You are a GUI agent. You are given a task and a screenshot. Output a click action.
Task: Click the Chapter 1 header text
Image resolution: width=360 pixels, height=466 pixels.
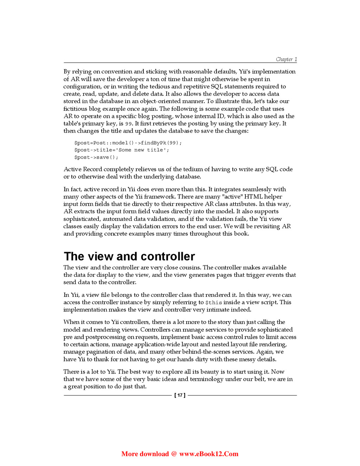pyautogui.click(x=286, y=59)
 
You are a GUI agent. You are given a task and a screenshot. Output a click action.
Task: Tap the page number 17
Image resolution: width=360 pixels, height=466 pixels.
pyautogui.click(x=180, y=395)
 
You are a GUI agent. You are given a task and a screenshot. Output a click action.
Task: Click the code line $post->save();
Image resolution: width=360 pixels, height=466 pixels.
pyautogui.click(x=96, y=157)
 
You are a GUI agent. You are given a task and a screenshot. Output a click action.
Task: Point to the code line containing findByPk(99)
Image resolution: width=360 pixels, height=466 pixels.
pyautogui.click(x=128, y=143)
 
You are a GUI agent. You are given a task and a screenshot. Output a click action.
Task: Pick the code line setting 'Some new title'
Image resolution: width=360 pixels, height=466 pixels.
pyautogui.click(x=121, y=150)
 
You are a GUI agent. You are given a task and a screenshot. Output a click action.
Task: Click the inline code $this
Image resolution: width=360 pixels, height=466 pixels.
pyautogui.click(x=214, y=302)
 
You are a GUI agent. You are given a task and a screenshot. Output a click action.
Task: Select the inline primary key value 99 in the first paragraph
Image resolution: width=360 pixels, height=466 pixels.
pyautogui.click(x=128, y=124)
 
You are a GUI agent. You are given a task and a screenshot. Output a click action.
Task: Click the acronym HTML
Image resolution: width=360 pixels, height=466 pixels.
pyautogui.click(x=253, y=197)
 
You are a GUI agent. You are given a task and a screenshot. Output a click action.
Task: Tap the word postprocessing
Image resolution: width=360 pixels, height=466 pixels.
pyautogui.click(x=105, y=337)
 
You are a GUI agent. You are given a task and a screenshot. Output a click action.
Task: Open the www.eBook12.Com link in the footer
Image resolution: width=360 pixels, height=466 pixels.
pyautogui.click(x=209, y=454)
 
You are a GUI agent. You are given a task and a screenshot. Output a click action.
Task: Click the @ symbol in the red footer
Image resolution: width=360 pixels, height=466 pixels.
pyautogui.click(x=174, y=454)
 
